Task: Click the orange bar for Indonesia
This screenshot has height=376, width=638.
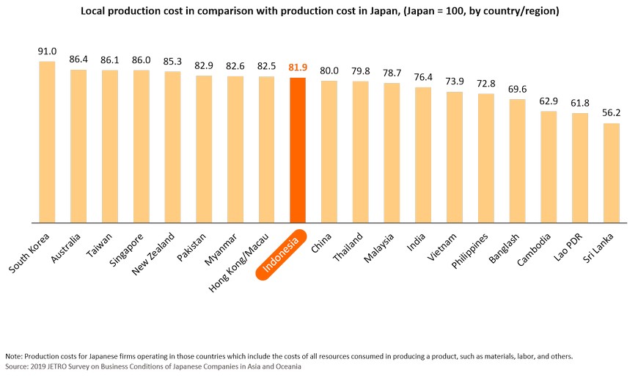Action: [298, 150]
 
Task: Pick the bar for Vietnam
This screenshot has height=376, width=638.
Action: [455, 157]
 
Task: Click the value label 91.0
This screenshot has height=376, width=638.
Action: [47, 51]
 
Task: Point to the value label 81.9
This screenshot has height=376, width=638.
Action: [298, 68]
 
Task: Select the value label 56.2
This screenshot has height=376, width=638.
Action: [612, 113]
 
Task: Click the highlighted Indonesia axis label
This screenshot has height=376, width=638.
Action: [282, 257]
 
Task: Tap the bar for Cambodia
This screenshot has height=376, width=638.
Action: [549, 167]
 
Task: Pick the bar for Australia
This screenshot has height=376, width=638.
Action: [78, 146]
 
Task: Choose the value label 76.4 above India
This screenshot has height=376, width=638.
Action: [423, 77]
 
